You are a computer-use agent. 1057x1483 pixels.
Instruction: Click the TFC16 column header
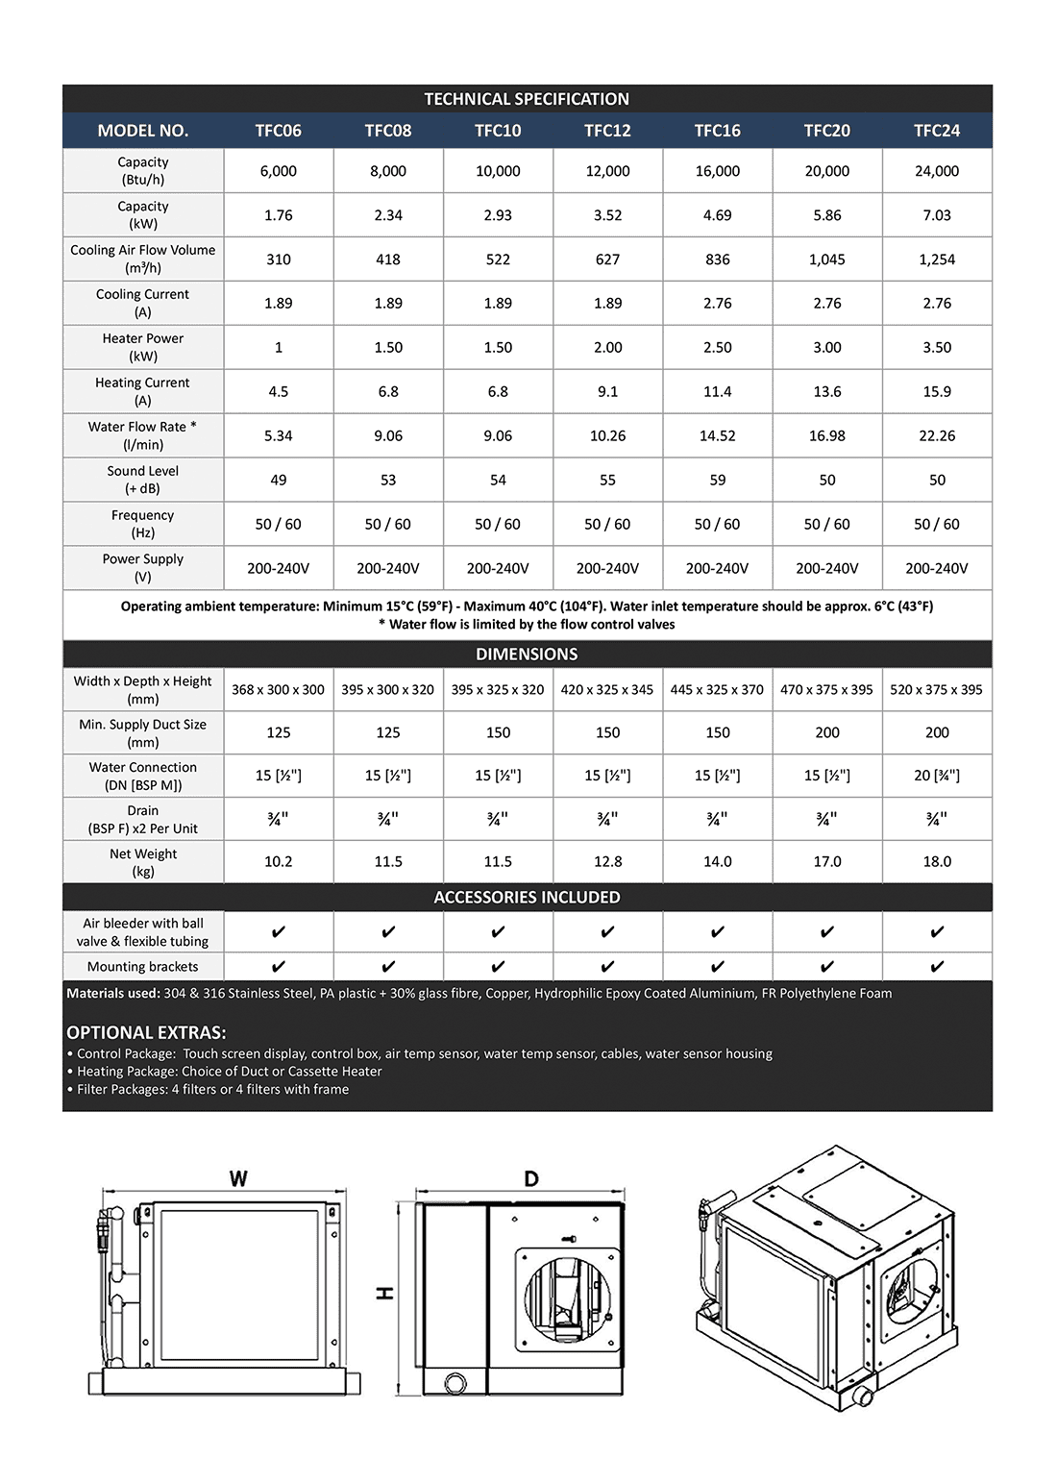tap(717, 131)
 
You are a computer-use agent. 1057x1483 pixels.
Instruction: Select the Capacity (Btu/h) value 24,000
tap(937, 171)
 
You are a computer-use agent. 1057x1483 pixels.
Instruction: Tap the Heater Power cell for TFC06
tap(279, 348)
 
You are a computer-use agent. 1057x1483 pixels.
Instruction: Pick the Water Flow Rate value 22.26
tap(937, 436)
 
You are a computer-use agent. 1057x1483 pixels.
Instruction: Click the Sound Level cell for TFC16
tap(717, 481)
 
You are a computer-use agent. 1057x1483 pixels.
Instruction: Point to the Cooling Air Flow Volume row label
tap(143, 259)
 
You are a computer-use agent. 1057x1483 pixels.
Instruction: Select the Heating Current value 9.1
tap(607, 392)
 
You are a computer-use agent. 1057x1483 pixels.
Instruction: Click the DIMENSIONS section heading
tap(527, 655)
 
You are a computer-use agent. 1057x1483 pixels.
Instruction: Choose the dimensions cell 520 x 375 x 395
tap(937, 690)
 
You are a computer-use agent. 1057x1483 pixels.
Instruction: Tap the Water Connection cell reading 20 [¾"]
tap(937, 776)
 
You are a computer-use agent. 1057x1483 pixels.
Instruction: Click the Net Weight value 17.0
tap(827, 862)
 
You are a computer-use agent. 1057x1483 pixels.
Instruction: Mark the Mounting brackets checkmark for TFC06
tap(279, 967)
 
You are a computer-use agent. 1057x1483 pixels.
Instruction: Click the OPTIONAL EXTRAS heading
tap(146, 1033)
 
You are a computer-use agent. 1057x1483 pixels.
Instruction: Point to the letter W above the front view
tap(238, 1179)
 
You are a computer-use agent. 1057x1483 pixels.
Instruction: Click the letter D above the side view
tap(531, 1179)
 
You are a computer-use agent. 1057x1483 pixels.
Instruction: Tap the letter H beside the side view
tap(385, 1293)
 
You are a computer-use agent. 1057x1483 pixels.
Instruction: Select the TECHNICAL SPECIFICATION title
tap(527, 99)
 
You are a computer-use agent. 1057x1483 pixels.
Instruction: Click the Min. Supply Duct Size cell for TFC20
tap(827, 732)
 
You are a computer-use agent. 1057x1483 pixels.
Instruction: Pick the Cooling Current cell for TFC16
tap(717, 304)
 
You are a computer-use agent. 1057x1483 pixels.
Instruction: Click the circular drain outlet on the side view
tap(455, 1383)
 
